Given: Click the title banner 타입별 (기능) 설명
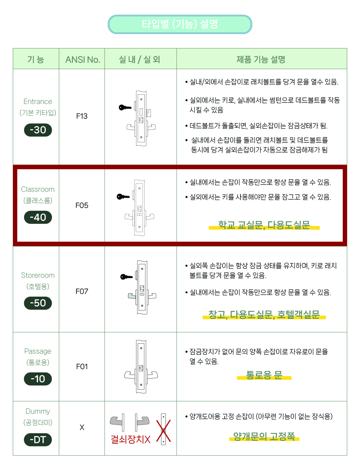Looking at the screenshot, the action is [x=180, y=24].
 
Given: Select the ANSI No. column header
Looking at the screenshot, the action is [x=83, y=59].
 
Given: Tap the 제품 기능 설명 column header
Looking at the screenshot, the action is [x=261, y=59].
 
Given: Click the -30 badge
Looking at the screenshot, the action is [x=38, y=130].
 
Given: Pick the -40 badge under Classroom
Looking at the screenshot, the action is [x=38, y=217].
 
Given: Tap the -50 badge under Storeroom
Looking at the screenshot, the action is [x=38, y=303].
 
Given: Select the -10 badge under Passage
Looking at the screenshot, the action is [x=38, y=379].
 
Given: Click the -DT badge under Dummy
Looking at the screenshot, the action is [x=38, y=439].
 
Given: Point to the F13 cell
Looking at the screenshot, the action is [x=82, y=116].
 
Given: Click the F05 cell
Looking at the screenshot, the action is [x=82, y=205].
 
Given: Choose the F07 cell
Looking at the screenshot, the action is [x=82, y=291].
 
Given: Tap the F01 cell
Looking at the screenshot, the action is [x=82, y=367].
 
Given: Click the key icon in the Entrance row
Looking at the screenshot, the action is [x=125, y=107].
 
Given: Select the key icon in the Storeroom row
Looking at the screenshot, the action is [x=126, y=277].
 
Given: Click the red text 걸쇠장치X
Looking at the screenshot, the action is [x=131, y=439].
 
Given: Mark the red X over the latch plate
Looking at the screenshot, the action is [x=163, y=431].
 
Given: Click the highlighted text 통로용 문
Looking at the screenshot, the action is [x=264, y=375].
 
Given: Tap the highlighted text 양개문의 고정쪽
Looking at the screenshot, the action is [x=264, y=436].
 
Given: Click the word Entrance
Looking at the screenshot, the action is [x=38, y=101].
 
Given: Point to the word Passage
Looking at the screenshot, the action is [x=38, y=351].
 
